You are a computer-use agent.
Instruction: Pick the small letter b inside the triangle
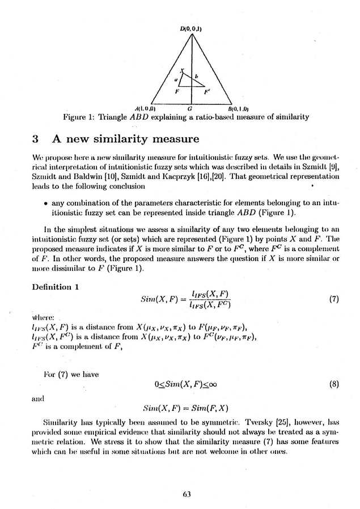click(196, 76)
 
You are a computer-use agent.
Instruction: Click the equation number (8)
click(333, 383)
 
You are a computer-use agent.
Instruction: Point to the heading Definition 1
click(55, 287)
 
